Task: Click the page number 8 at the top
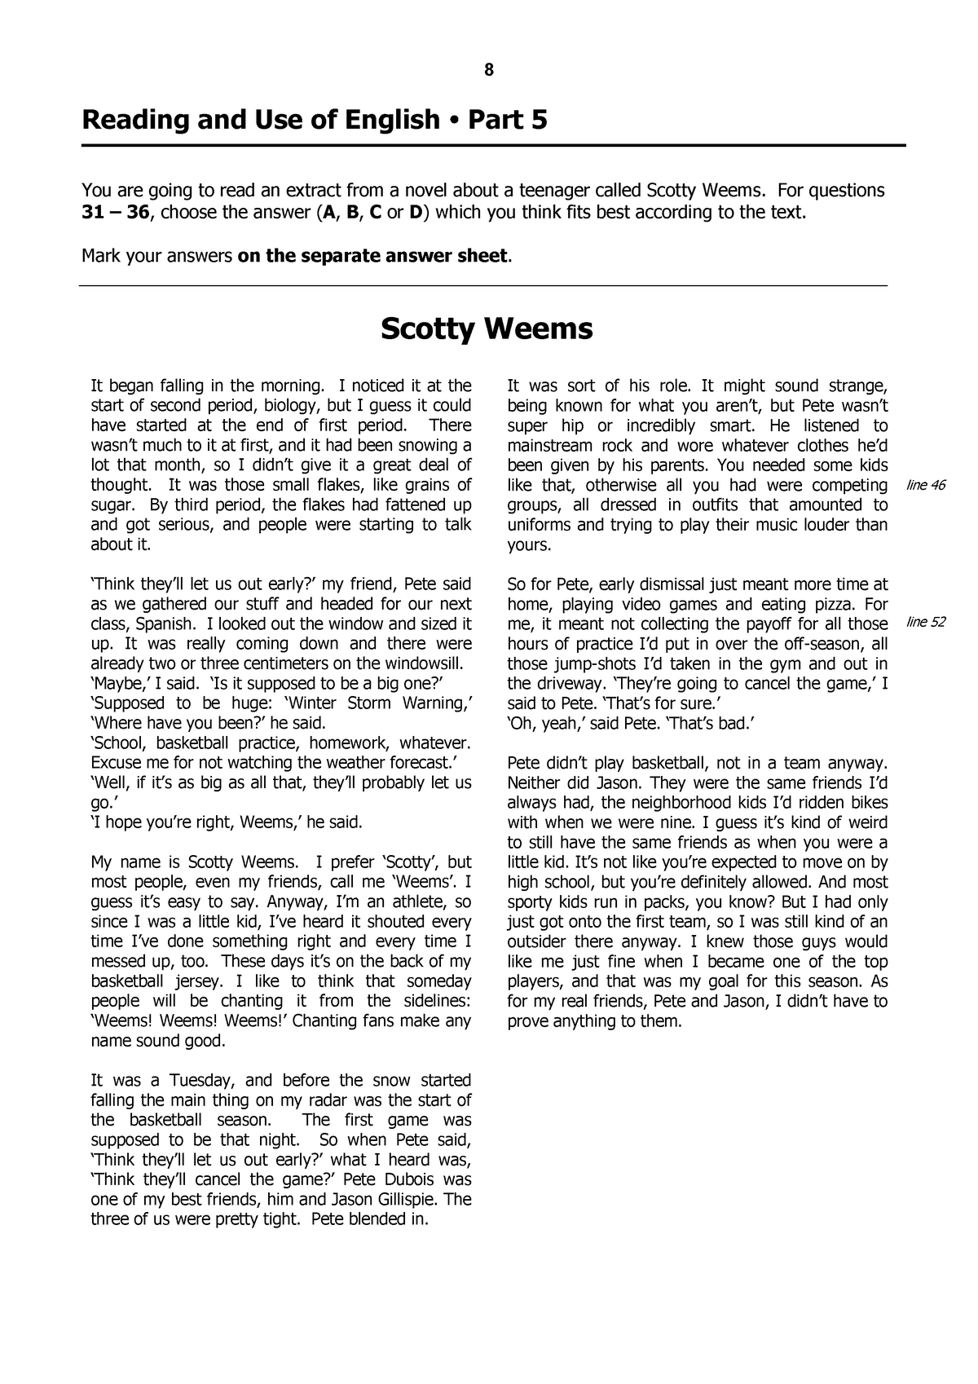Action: coord(488,70)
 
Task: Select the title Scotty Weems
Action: coord(487,329)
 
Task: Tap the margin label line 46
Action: coord(926,486)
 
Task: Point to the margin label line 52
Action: coord(926,624)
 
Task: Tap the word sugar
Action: coord(111,505)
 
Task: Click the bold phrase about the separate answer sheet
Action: coord(372,256)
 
